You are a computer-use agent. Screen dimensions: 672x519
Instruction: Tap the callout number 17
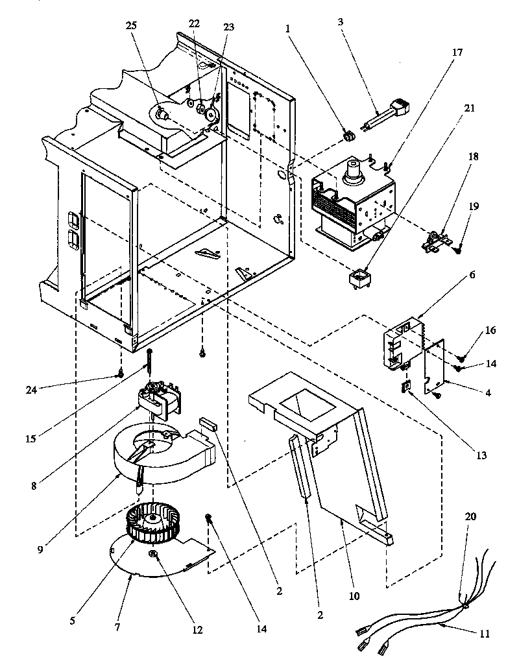[x=458, y=53]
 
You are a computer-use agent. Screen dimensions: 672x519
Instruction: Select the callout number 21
[x=470, y=108]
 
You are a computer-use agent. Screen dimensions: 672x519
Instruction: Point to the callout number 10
[x=354, y=595]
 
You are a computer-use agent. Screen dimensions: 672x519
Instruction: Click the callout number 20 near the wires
[x=471, y=518]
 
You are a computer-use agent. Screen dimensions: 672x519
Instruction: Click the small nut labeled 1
[x=349, y=136]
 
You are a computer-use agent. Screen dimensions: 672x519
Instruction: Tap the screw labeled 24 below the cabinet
[x=121, y=374]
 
